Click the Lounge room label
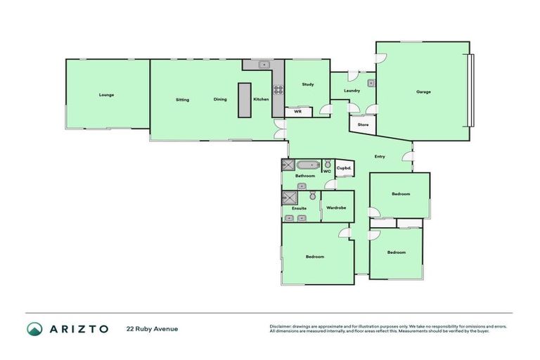point(106,95)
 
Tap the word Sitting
point(182,100)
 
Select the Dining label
point(220,100)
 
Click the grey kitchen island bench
point(244,101)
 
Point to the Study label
point(307,84)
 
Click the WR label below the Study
point(297,111)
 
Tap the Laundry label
point(352,91)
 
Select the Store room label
point(363,124)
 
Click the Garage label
point(423,91)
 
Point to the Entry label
point(380,156)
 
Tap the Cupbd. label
point(344,167)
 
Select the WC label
point(327,171)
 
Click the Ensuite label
point(300,208)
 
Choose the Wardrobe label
point(337,208)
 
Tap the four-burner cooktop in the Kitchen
point(278,89)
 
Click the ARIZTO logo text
point(77,328)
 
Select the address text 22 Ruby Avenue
point(152,328)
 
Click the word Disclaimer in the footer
point(281,326)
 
